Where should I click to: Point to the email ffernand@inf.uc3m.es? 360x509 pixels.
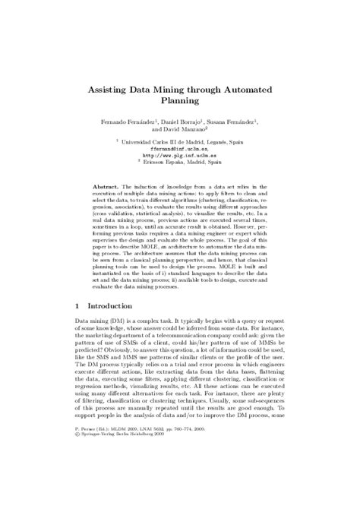point(180,149)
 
